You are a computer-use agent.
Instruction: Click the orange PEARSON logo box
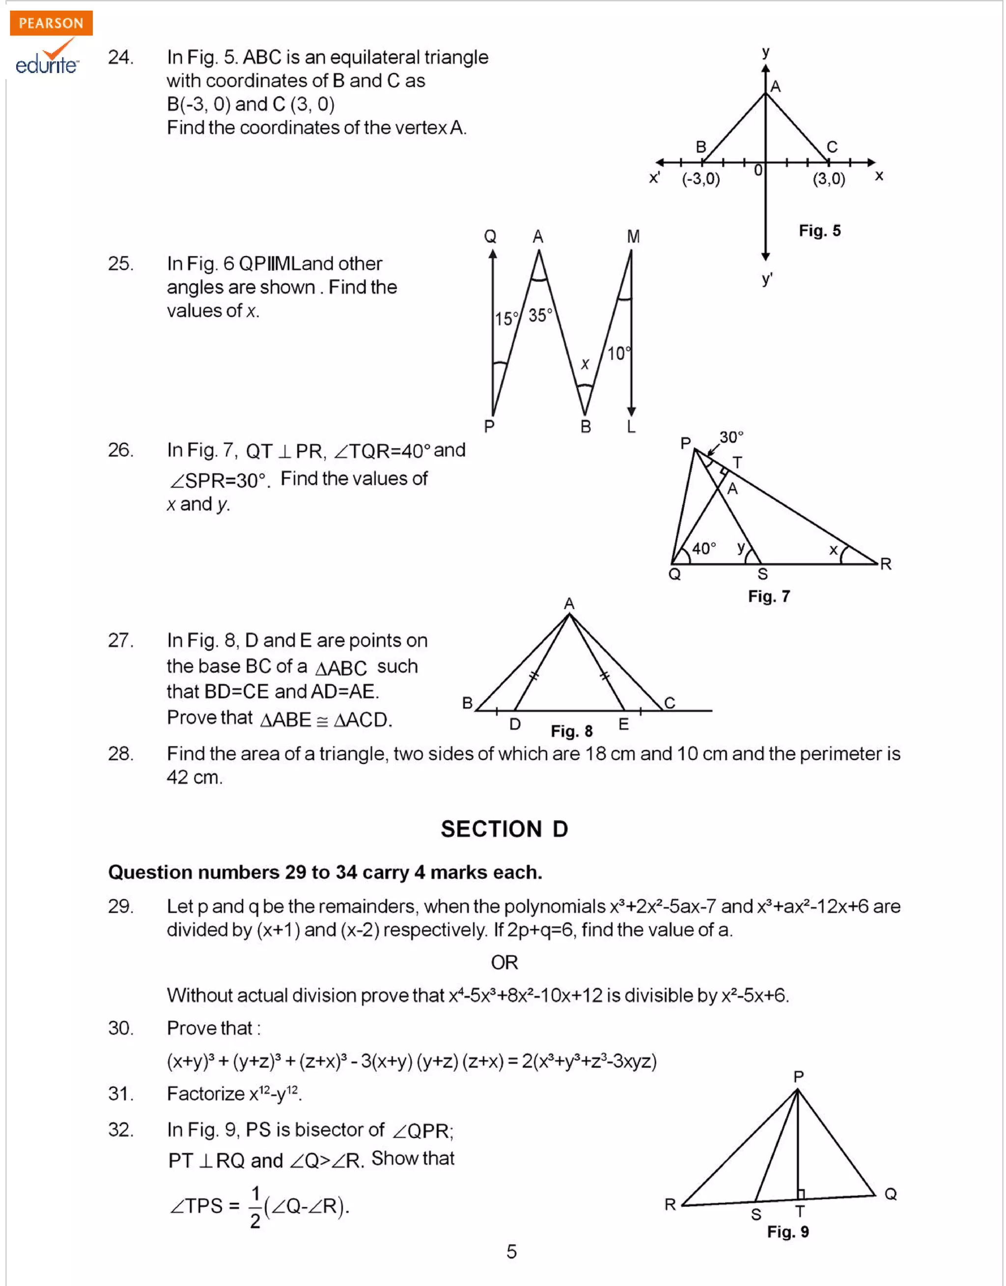point(51,23)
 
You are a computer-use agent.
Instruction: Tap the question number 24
point(120,57)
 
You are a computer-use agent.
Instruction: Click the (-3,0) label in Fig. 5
point(700,179)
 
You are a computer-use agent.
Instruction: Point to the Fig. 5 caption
point(819,230)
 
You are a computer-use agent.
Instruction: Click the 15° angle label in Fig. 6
point(505,319)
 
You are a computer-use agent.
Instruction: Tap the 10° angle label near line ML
point(618,353)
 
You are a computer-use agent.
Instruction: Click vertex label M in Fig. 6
point(633,237)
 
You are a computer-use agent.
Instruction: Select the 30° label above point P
point(731,437)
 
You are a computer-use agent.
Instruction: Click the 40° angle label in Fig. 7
point(704,548)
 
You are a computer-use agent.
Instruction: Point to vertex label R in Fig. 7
point(885,564)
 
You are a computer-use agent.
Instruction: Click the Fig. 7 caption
point(769,596)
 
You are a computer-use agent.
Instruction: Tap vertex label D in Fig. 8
point(515,724)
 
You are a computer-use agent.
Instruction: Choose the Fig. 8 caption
point(571,731)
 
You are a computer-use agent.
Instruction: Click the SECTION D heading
point(504,829)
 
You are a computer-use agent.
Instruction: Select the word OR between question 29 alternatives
point(504,962)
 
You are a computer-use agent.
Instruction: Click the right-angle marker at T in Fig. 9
point(801,1194)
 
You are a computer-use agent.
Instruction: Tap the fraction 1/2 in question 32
point(255,1207)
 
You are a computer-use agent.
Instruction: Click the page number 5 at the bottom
point(511,1251)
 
